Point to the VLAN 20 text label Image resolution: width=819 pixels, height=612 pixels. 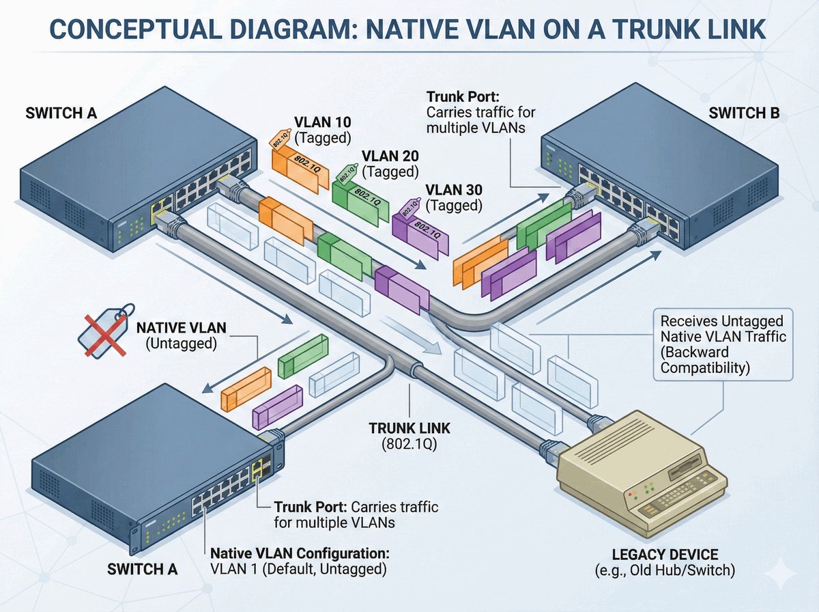390,155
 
